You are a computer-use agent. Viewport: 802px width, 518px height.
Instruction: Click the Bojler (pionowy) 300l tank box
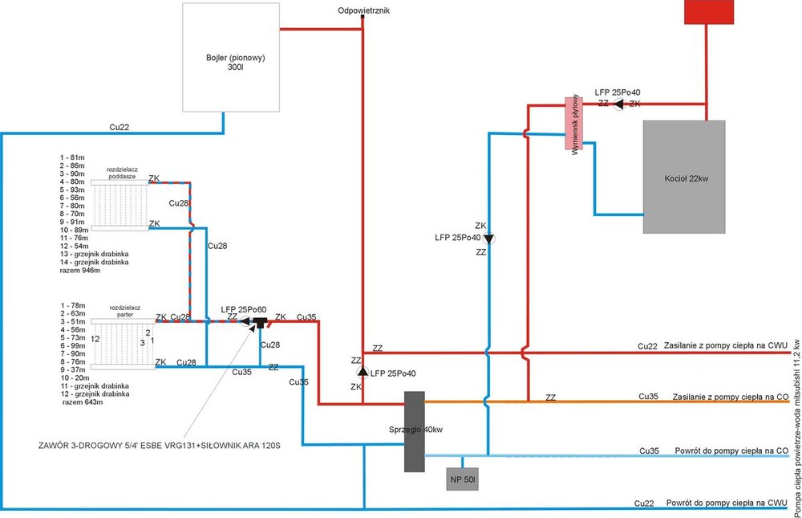(230, 57)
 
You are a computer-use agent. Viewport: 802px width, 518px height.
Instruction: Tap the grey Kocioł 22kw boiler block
(683, 177)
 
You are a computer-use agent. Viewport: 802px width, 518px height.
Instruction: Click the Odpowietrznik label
(363, 10)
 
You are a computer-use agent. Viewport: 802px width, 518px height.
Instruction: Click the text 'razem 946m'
(80, 270)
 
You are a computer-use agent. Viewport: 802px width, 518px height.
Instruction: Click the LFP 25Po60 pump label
(244, 309)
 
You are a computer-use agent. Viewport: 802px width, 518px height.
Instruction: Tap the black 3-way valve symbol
(260, 324)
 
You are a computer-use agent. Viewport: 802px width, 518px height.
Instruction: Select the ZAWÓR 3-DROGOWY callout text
(152, 446)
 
